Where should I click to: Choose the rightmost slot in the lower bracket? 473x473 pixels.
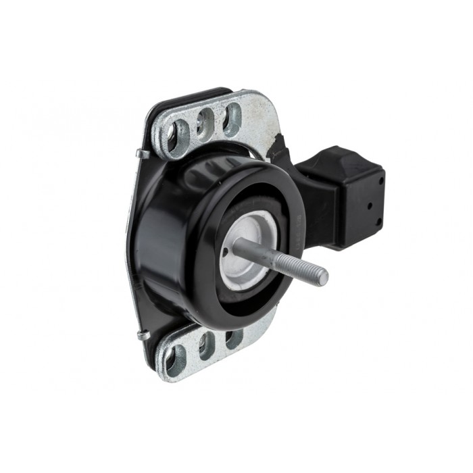pos(233,337)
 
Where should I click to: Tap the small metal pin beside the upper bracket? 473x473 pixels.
pos(142,153)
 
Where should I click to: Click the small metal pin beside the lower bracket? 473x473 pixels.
pos(142,334)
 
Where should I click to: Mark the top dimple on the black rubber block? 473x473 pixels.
pos(380,181)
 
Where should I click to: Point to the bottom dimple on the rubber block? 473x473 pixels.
pos(378,221)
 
